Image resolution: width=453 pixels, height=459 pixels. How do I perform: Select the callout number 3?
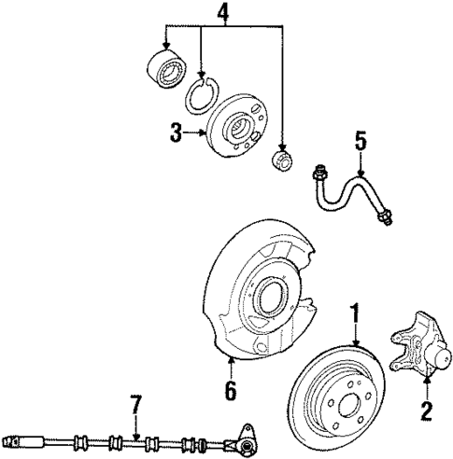point(177,133)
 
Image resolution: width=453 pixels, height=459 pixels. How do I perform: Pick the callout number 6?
point(230,390)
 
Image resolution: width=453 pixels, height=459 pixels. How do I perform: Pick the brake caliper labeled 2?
point(417,349)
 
